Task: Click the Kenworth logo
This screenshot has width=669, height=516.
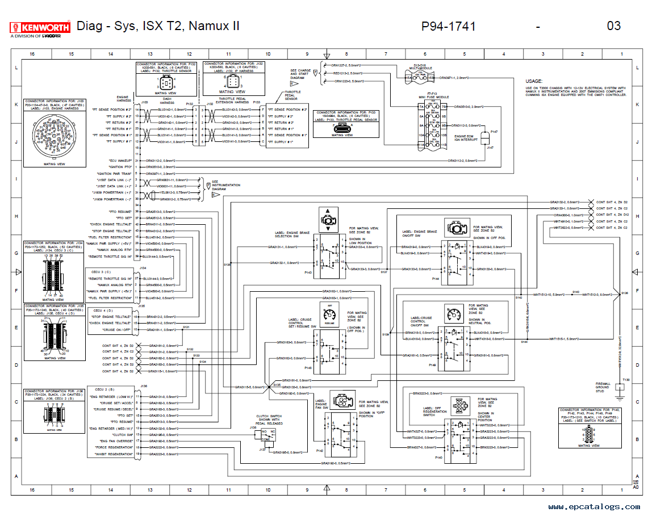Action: click(x=40, y=27)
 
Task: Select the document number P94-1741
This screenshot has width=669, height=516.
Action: click(x=448, y=26)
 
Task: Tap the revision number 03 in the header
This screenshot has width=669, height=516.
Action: click(x=613, y=26)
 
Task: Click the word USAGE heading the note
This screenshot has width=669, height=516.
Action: click(x=534, y=81)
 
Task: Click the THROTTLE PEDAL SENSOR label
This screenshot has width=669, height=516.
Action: click(x=292, y=95)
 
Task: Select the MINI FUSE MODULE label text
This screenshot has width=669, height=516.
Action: click(x=434, y=97)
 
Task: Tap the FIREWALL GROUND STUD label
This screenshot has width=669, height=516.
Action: click(x=603, y=388)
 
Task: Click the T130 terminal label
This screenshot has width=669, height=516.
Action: click(x=626, y=379)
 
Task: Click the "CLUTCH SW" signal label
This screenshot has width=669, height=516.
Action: click(x=124, y=434)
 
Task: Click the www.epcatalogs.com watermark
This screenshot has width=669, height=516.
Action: click(x=593, y=506)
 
